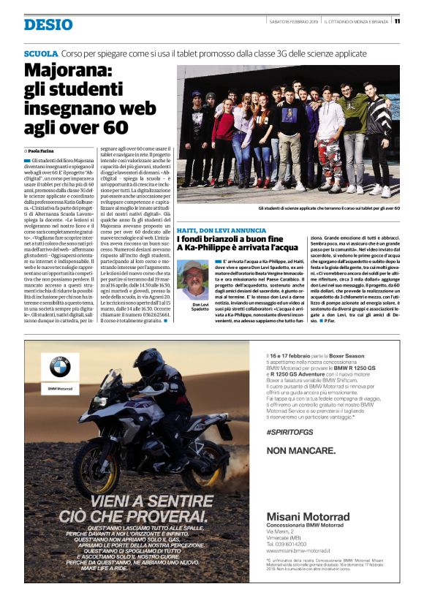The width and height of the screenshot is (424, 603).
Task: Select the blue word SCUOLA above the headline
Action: tap(40, 54)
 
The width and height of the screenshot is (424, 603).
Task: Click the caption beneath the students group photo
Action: tap(299, 208)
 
